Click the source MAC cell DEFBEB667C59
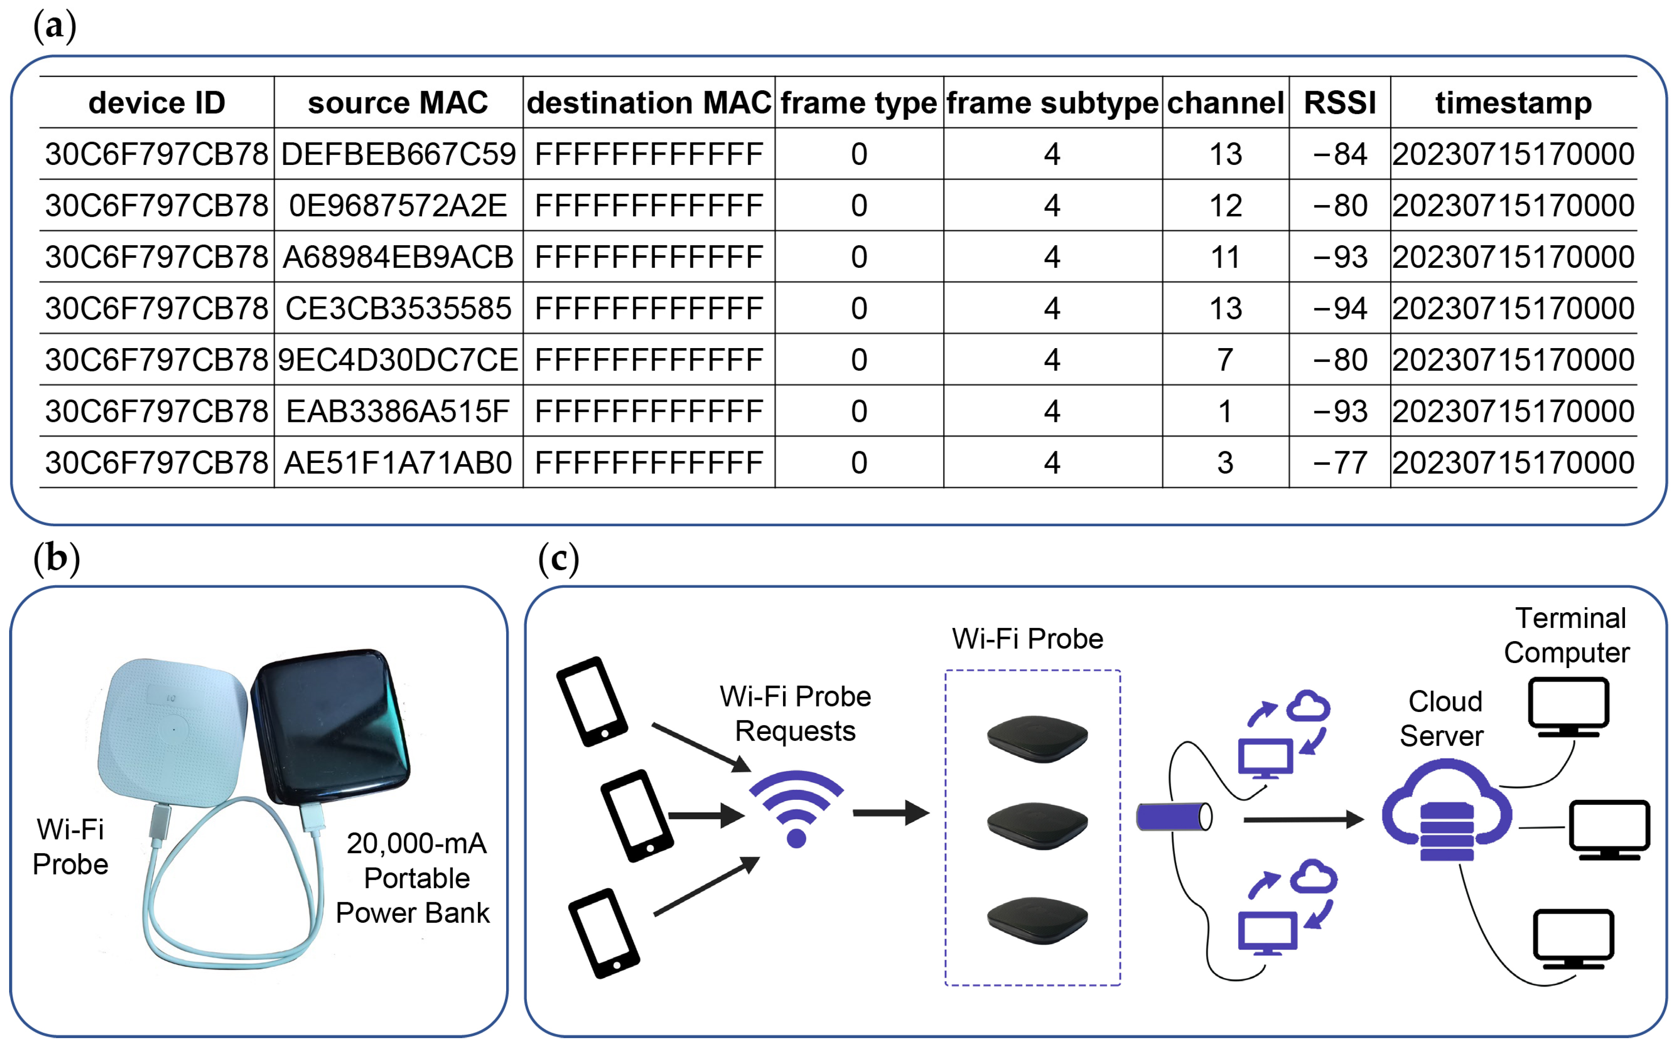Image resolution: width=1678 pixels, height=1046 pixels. (x=398, y=154)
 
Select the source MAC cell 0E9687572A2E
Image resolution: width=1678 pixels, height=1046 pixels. (x=398, y=206)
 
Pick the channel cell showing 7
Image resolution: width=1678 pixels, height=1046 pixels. (x=1225, y=360)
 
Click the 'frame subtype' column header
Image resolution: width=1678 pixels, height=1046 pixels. (x=1052, y=102)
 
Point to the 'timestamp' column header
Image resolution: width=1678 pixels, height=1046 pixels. (x=1513, y=102)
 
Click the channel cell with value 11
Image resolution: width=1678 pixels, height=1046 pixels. (x=1225, y=257)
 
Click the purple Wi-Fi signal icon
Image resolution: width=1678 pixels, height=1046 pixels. (x=796, y=806)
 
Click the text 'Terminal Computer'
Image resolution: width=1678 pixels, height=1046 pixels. (x=1569, y=635)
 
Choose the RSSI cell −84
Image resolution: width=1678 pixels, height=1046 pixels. (x=1340, y=154)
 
